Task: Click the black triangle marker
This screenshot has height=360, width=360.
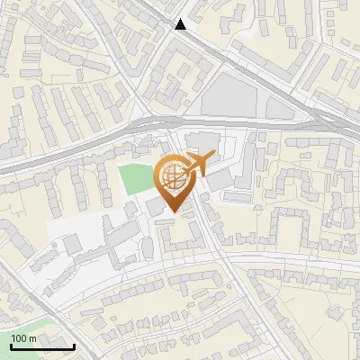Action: coord(181,24)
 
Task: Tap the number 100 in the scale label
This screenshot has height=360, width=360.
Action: coord(20,338)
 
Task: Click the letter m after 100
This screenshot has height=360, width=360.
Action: coord(33,338)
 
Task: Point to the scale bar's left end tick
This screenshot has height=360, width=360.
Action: coord(11,346)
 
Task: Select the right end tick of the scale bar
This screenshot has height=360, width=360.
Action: coord(73,346)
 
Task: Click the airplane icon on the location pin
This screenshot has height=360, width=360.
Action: coord(196,164)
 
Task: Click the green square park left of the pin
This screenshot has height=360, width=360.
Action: coord(136,180)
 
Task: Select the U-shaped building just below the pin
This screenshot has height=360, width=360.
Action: coord(179,236)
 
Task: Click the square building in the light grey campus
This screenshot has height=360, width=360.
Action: coord(71,244)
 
